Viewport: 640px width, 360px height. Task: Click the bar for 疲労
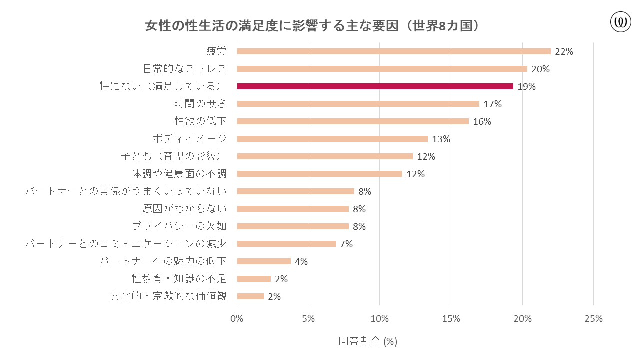(x=394, y=51)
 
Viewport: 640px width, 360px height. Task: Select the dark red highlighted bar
(x=375, y=86)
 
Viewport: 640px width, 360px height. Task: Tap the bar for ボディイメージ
(x=332, y=139)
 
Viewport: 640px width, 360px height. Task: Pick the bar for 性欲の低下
(x=353, y=121)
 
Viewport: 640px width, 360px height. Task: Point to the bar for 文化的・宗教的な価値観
(x=250, y=296)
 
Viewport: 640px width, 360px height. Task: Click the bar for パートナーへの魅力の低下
(x=264, y=261)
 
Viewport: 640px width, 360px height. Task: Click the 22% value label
(x=563, y=52)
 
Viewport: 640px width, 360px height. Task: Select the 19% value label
(x=526, y=87)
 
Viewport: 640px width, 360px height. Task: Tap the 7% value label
(x=346, y=244)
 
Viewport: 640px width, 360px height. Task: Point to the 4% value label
(x=301, y=262)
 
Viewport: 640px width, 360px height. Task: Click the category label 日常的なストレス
(x=185, y=69)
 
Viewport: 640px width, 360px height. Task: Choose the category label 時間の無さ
(x=200, y=104)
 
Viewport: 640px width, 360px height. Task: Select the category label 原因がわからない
(x=184, y=209)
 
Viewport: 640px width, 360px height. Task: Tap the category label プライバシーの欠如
(x=179, y=226)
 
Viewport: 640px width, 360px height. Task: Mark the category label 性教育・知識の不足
(x=179, y=279)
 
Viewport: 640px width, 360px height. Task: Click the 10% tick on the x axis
(x=379, y=319)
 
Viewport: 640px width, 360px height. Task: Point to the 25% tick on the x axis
(x=593, y=319)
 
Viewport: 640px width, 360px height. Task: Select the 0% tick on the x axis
(x=237, y=319)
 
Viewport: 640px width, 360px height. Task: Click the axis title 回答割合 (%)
(x=368, y=341)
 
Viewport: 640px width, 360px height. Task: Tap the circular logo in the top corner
(x=621, y=22)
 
